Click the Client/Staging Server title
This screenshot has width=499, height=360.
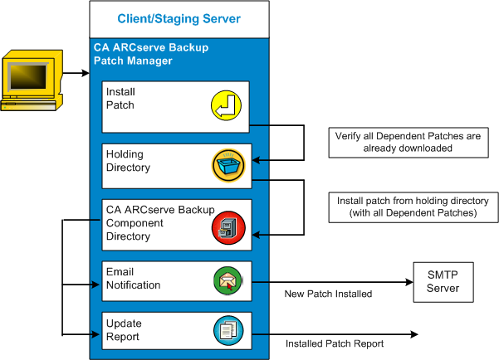[179, 18]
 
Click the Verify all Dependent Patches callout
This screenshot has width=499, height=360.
[408, 141]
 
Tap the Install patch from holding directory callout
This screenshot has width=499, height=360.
[412, 207]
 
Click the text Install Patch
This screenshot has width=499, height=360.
[120, 100]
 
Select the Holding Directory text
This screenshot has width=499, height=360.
[130, 161]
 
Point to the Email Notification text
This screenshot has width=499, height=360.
[133, 278]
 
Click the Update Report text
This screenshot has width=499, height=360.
[123, 330]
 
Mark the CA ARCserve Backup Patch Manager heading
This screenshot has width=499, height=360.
[150, 54]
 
